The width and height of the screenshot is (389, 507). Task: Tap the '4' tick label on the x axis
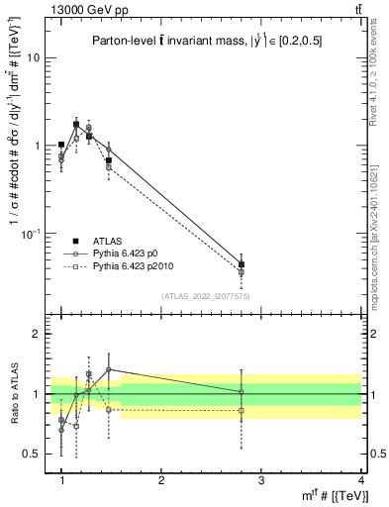[360, 480]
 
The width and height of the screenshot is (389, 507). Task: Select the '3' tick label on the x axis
[260, 480]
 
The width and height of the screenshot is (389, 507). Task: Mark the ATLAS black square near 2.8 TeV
[241, 264]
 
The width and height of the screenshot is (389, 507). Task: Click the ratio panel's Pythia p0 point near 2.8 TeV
[241, 392]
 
